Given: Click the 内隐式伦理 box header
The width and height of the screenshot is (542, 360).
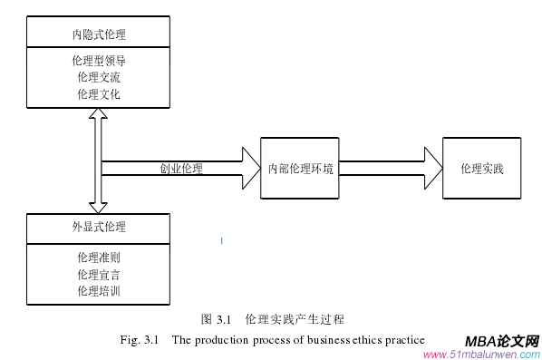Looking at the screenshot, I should pyautogui.click(x=99, y=35).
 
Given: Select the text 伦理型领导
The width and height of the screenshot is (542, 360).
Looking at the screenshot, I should pyautogui.click(x=99, y=62).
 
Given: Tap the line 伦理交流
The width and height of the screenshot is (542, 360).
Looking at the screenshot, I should pyautogui.click(x=99, y=77).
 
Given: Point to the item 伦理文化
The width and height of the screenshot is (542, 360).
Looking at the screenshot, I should pyautogui.click(x=99, y=93).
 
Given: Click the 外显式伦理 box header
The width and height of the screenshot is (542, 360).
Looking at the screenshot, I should pyautogui.click(x=99, y=227).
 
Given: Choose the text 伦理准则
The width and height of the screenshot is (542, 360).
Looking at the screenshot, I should pyautogui.click(x=99, y=258).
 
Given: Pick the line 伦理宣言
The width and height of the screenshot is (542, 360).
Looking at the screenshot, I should pyautogui.click(x=99, y=274).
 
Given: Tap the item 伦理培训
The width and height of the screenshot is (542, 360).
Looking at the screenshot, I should pyautogui.click(x=99, y=290).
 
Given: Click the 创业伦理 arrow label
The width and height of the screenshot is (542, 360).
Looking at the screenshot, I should pyautogui.click(x=181, y=169).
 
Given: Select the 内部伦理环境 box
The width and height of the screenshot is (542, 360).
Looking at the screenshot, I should pyautogui.click(x=302, y=169).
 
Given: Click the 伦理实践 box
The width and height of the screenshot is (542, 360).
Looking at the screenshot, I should pyautogui.click(x=481, y=169).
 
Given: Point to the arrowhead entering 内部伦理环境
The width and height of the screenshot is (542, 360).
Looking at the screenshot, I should pyautogui.click(x=250, y=169).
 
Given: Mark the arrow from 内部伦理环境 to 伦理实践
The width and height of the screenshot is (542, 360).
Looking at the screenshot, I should pyautogui.click(x=390, y=169).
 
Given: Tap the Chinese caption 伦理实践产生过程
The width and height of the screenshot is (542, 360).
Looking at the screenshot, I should pyautogui.click(x=296, y=319).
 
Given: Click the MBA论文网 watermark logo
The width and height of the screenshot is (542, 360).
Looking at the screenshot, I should pyautogui.click(x=502, y=340).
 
